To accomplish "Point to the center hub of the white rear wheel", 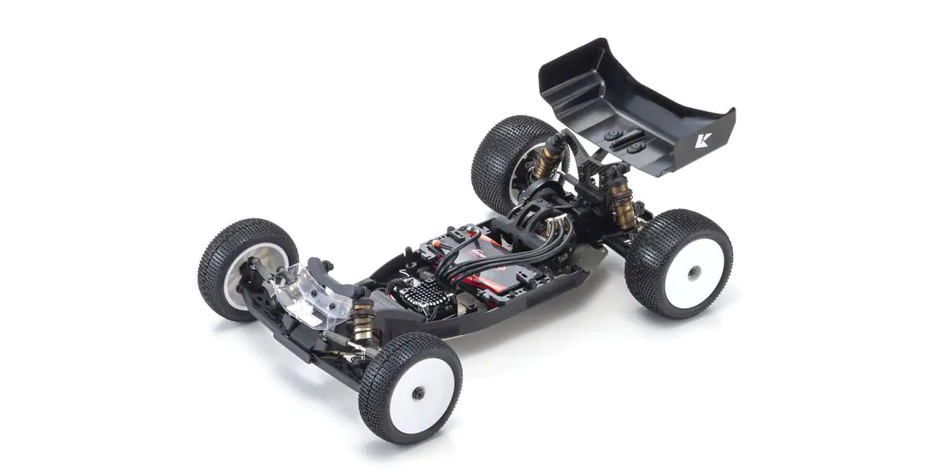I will [x=693, y=274].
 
